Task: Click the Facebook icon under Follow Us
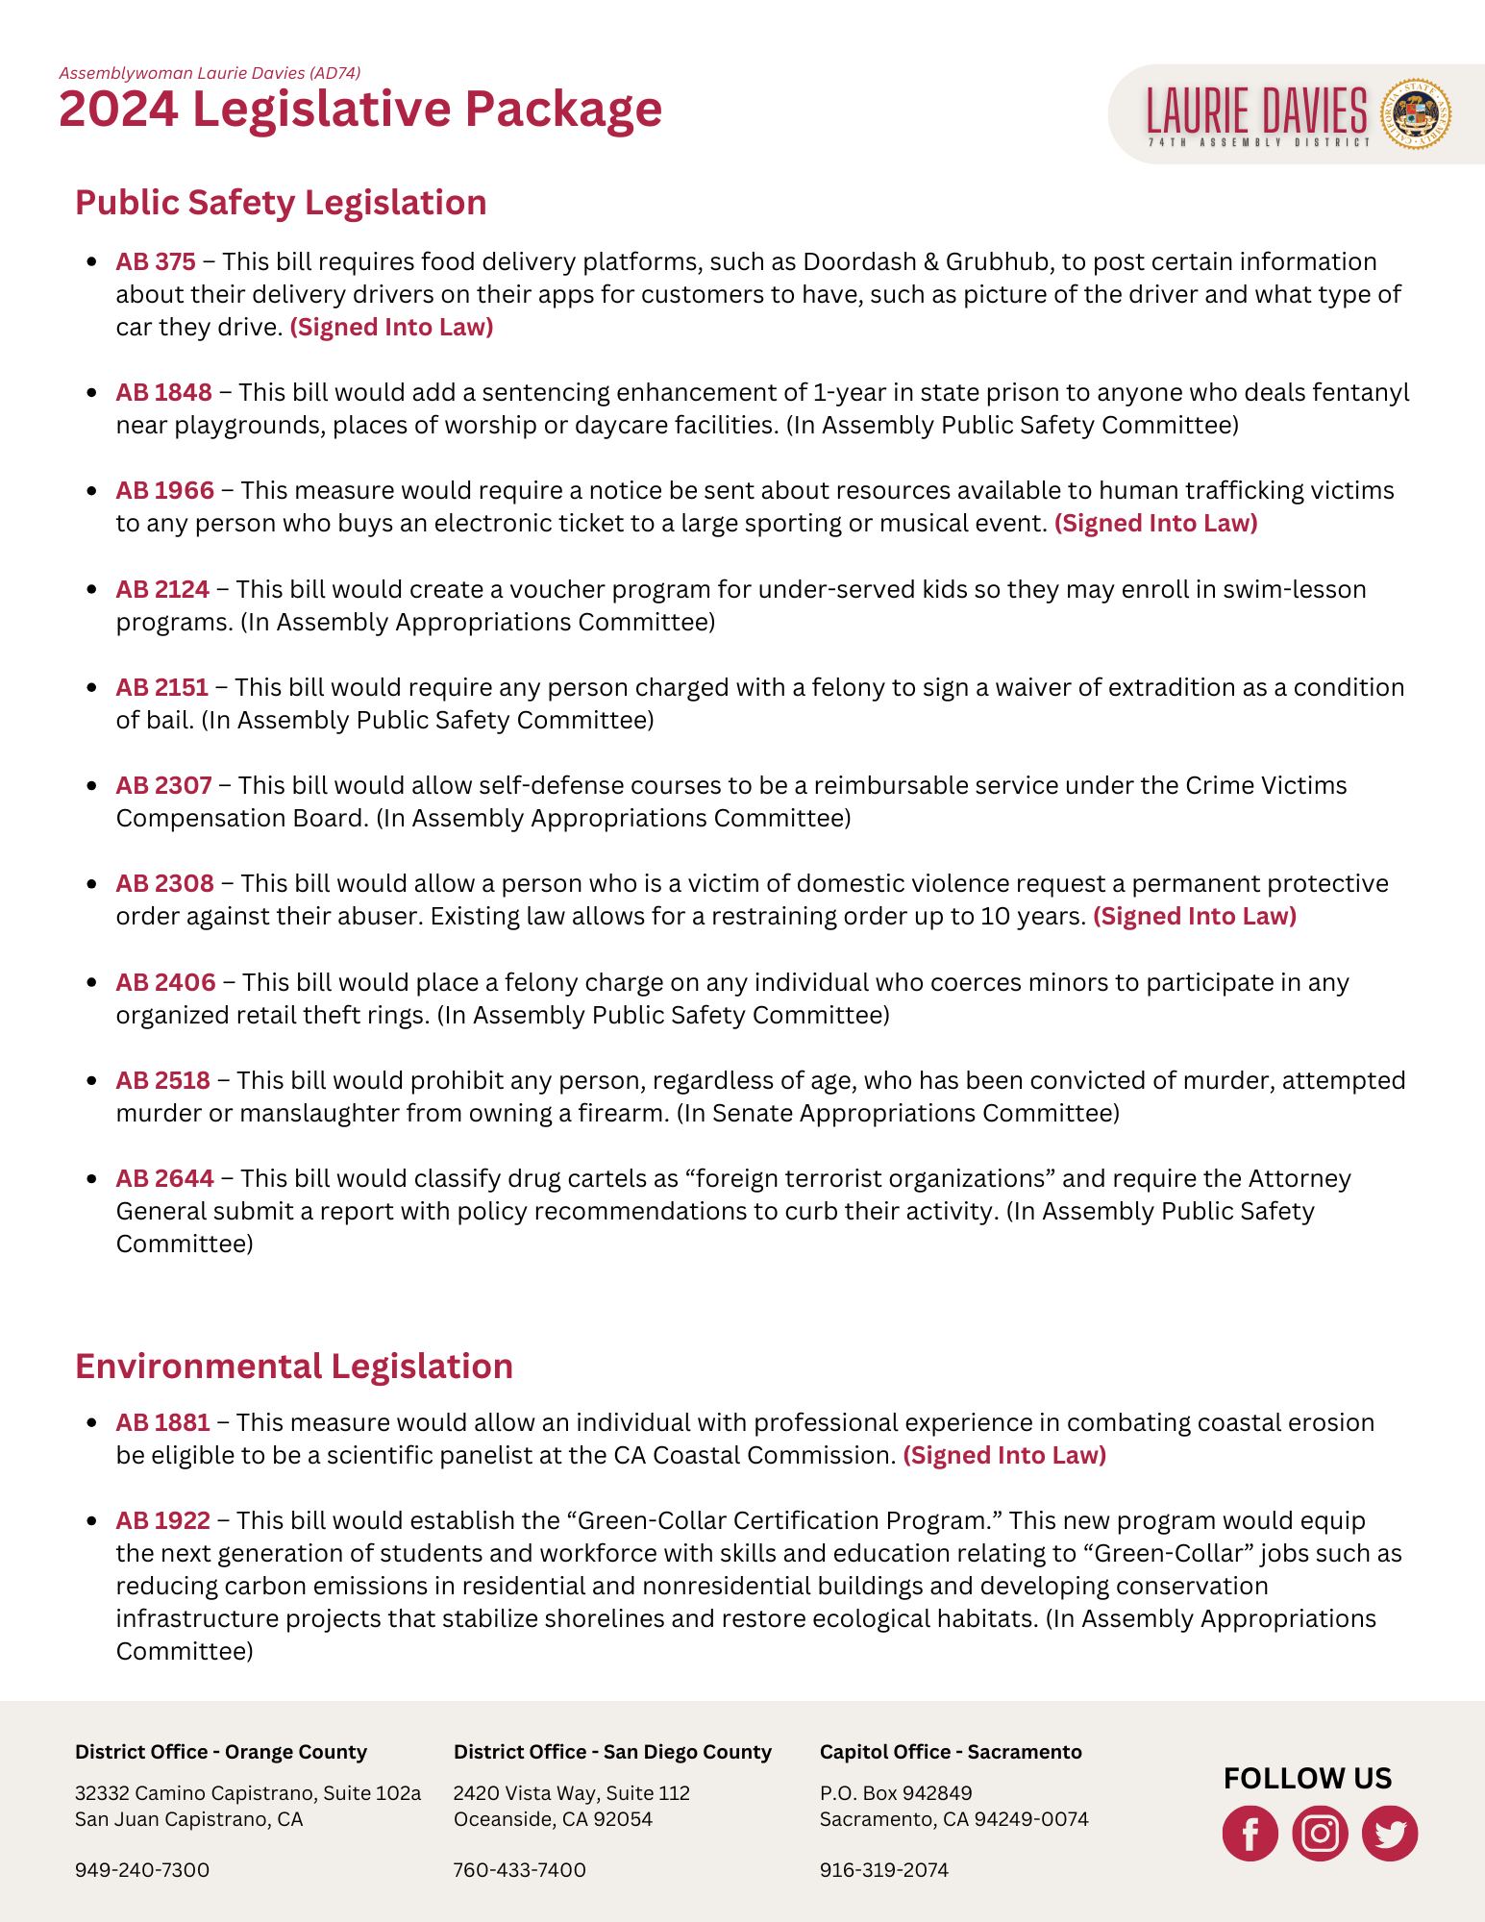(1250, 1834)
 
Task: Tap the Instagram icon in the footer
(1320, 1834)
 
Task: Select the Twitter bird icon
(1390, 1834)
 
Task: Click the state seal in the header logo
(1415, 113)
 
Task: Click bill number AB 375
(156, 262)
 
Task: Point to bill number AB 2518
(162, 1081)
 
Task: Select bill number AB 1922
(162, 1521)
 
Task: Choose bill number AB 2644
(164, 1179)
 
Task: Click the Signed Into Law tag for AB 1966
(1155, 524)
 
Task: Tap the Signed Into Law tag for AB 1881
(1004, 1456)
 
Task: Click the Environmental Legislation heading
(294, 1367)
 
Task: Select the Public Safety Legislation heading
(281, 203)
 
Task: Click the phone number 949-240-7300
(142, 1870)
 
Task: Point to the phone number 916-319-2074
(883, 1870)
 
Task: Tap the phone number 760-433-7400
(519, 1870)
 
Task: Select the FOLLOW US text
(1307, 1779)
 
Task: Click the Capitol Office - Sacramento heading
(951, 1752)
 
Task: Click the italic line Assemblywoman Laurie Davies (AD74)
(210, 73)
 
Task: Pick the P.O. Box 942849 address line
(896, 1793)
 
